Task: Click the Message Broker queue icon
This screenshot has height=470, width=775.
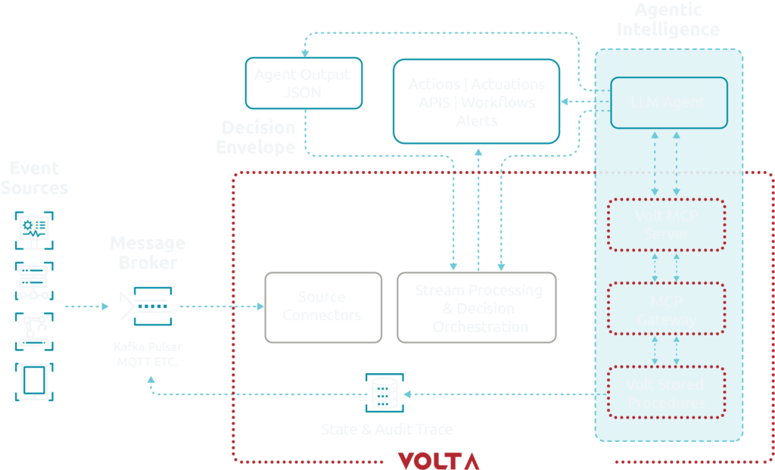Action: pos(146,306)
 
